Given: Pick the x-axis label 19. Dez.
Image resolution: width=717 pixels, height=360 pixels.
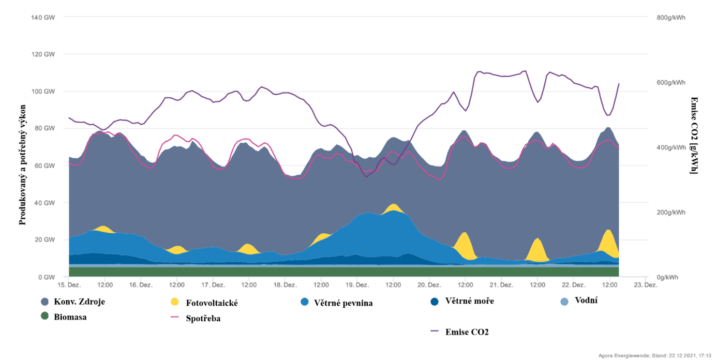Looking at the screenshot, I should click(x=357, y=285).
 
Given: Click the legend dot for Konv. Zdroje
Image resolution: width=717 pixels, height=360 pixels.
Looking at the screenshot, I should click(x=45, y=302).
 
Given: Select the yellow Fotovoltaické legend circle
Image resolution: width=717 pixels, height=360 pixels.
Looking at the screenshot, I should click(x=174, y=302).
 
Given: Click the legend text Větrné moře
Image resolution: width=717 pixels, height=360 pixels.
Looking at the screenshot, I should click(x=469, y=301).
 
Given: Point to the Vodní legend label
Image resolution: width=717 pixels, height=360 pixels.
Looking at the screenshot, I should click(x=586, y=300).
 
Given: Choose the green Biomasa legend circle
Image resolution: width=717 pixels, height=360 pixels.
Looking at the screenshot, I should click(x=45, y=316).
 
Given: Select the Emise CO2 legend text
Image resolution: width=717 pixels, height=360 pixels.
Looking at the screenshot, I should click(x=467, y=332).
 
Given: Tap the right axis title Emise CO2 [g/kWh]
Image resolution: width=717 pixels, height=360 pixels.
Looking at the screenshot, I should click(x=694, y=135).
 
